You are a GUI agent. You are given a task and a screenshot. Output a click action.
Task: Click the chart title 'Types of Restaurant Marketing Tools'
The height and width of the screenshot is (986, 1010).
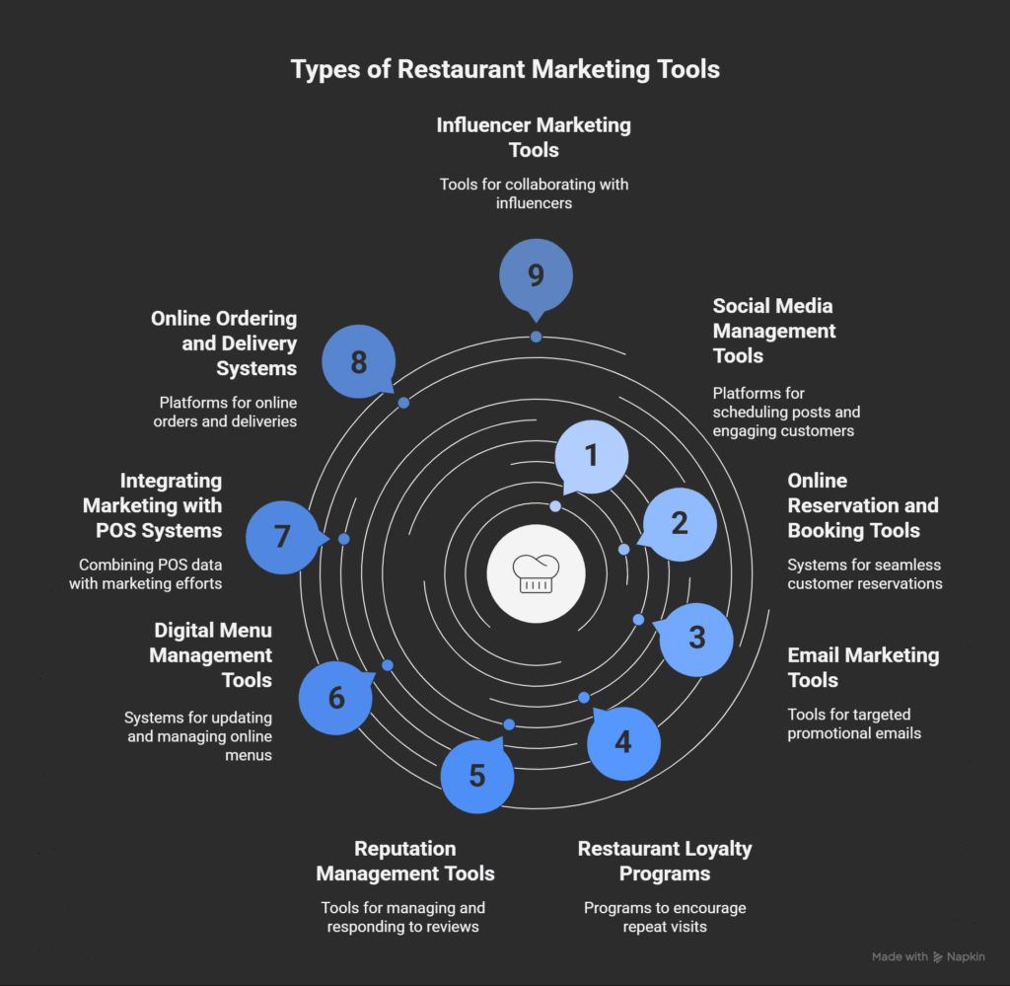[x=505, y=70]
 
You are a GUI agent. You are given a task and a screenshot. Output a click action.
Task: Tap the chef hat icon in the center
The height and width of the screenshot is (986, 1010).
[x=536, y=572]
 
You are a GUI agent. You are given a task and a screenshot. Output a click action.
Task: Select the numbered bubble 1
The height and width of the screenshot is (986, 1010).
[x=592, y=456]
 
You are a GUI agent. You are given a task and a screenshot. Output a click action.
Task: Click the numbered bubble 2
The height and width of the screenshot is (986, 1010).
[x=680, y=524]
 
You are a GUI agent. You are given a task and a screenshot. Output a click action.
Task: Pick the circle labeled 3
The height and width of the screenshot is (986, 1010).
[x=696, y=639]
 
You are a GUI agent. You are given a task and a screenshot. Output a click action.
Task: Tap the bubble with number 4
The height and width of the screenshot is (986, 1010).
[x=623, y=740]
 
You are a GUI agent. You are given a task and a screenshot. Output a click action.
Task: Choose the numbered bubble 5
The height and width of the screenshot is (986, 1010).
[x=477, y=776]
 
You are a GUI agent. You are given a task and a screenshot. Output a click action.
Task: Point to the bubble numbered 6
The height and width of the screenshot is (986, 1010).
[x=335, y=699]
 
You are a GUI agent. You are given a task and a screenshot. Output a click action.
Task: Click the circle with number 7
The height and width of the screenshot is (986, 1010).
[x=282, y=537]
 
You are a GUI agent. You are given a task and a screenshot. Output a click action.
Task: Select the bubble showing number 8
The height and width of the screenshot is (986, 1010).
[x=359, y=362]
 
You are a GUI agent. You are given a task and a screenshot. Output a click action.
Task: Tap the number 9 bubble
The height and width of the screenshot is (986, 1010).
[x=536, y=274]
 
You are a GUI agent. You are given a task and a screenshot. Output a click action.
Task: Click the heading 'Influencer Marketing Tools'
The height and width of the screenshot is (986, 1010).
[x=534, y=137]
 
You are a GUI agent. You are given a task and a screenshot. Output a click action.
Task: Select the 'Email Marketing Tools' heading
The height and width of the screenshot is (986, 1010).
[x=863, y=667]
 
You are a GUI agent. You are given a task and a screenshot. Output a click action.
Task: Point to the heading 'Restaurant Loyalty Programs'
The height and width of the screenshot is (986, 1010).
[x=665, y=861]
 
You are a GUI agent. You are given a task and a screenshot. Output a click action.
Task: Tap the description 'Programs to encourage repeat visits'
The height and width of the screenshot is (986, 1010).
[x=665, y=917]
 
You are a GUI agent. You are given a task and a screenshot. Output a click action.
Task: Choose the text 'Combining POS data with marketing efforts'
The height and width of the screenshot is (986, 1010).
[x=146, y=574]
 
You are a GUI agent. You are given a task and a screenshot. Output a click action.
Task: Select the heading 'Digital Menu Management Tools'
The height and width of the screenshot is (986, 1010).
[x=212, y=654]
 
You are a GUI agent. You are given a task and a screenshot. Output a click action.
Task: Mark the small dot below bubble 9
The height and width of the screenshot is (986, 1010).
[x=536, y=337]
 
